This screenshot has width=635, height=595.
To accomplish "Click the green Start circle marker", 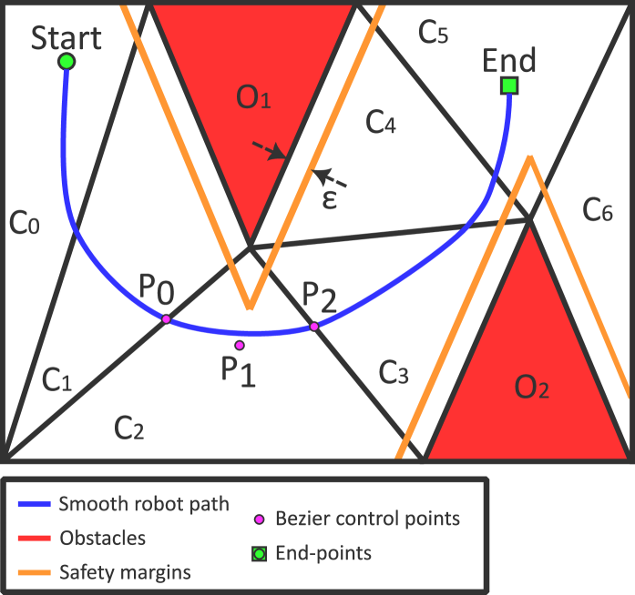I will (x=66, y=62).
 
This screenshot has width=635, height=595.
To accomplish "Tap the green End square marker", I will (x=509, y=86).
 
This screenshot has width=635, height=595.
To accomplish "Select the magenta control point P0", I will (x=166, y=318).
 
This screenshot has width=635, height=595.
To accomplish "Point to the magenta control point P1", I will (x=240, y=345).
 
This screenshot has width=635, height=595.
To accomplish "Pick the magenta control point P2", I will (x=313, y=326).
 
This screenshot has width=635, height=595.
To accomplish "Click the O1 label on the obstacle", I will (x=253, y=98).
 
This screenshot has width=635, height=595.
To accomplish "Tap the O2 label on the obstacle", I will (x=531, y=388).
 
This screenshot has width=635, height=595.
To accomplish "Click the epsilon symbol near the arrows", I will (x=330, y=199).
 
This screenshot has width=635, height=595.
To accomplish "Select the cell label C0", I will (x=24, y=223).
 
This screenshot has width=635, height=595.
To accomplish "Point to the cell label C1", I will (x=56, y=380).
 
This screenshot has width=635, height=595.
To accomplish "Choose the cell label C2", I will (x=128, y=426).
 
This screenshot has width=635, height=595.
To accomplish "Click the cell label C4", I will (x=380, y=121).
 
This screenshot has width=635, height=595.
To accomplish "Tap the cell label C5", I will (x=433, y=33).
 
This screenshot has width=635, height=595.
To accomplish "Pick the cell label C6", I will (x=598, y=211).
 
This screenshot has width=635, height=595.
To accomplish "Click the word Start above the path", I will (x=67, y=37).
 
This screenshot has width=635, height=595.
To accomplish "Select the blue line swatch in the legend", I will (x=34, y=503).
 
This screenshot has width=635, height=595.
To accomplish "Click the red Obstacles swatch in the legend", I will (x=34, y=537).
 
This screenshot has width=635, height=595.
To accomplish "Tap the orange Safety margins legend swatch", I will (x=34, y=571).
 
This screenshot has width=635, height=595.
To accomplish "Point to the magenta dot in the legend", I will (x=260, y=519).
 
